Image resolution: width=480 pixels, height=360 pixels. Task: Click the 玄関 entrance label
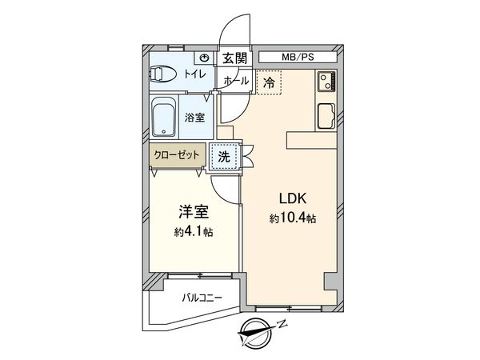click(x=234, y=58)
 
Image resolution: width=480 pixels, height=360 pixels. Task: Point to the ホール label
click(x=234, y=81)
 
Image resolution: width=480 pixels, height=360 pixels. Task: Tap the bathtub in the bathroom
click(x=164, y=118)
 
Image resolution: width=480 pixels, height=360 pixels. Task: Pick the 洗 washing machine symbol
click(x=224, y=157)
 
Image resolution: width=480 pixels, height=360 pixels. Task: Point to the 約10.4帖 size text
click(x=292, y=218)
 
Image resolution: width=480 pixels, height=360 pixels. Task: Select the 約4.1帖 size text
click(x=193, y=232)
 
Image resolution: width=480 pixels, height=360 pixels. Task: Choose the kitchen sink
click(x=327, y=115)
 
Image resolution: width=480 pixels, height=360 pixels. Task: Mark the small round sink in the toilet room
click(x=206, y=58)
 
